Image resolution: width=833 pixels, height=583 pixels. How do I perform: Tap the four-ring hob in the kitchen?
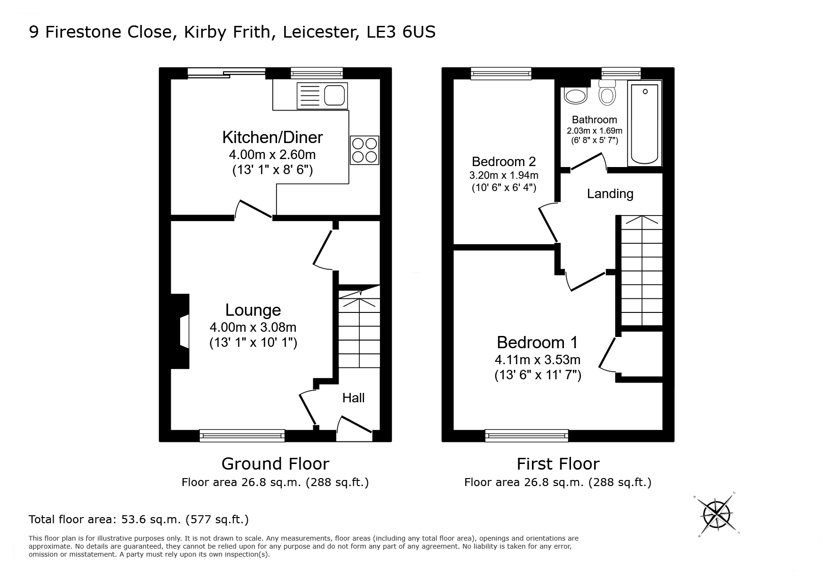pyautogui.click(x=365, y=150)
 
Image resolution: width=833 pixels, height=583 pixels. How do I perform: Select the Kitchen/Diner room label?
pyautogui.click(x=272, y=137)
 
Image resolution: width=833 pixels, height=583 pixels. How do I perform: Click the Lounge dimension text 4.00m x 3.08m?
pyautogui.click(x=253, y=327)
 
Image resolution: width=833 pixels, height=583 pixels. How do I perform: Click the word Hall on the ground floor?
pyautogui.click(x=353, y=398)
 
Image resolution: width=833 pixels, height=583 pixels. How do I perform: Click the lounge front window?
pyautogui.click(x=242, y=435)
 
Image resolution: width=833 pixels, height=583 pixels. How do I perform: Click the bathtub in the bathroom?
pyautogui.click(x=645, y=124)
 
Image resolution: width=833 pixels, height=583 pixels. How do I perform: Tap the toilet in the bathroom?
pyautogui.click(x=607, y=93)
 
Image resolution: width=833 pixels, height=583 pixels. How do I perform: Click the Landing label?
pyautogui.click(x=610, y=194)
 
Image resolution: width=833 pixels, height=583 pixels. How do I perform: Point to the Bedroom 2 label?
pyautogui.click(x=504, y=162)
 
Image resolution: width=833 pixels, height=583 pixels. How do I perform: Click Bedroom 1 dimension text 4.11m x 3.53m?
pyautogui.click(x=538, y=360)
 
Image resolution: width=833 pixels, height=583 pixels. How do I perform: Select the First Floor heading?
pyautogui.click(x=558, y=464)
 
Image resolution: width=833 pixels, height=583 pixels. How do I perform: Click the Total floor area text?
pyautogui.click(x=139, y=519)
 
